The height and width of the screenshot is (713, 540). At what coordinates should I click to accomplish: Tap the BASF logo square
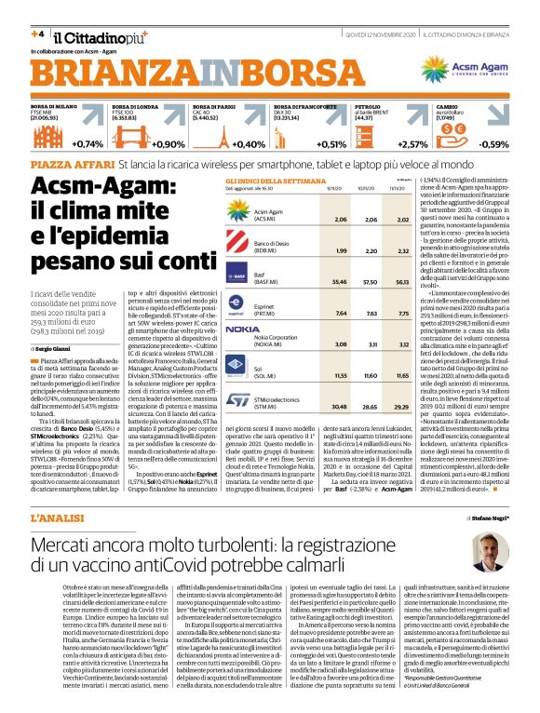(x=240, y=276)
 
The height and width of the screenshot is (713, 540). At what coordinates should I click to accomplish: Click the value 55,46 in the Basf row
(x=341, y=281)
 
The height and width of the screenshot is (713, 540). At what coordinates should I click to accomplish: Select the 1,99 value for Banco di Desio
(x=341, y=251)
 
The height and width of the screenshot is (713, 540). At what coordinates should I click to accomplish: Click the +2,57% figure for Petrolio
(x=412, y=144)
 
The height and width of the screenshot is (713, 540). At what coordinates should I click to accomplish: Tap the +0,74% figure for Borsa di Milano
(x=87, y=144)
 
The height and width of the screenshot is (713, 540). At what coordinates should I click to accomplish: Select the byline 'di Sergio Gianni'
(x=53, y=349)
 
